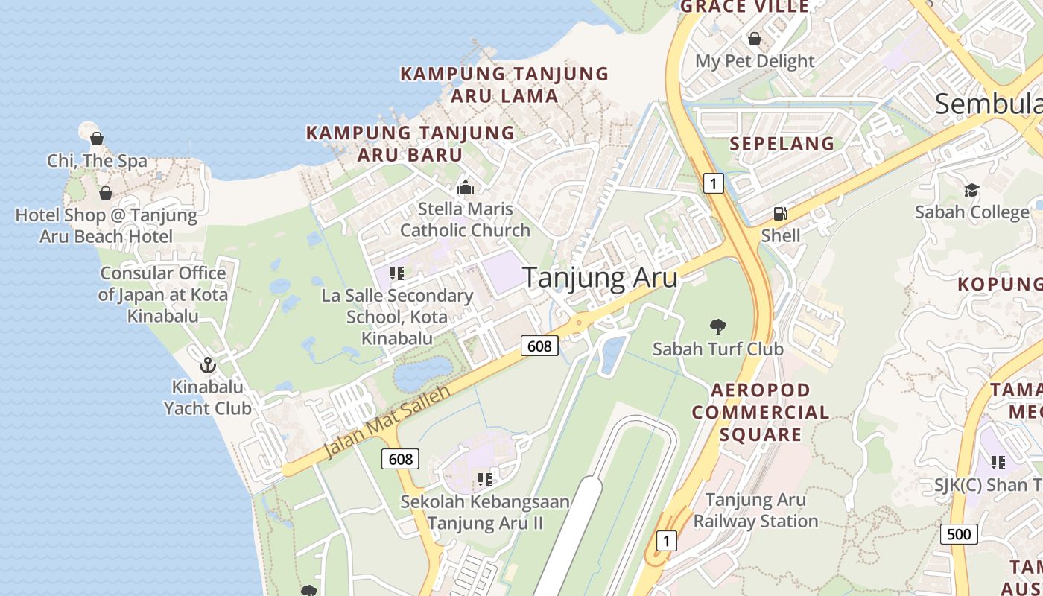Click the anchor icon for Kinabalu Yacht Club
[207, 365]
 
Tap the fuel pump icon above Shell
[780, 214]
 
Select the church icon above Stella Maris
[466, 186]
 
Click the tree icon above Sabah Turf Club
[718, 326]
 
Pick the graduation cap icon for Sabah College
[971, 190]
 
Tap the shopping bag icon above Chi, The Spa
[97, 139]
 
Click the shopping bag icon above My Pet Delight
[755, 39]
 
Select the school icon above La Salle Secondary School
[397, 273]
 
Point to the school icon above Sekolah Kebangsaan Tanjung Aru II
[485, 479]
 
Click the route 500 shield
[959, 533]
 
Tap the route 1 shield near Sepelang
[714, 183]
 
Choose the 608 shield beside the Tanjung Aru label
[539, 346]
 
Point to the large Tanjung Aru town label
[600, 278]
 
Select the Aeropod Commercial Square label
[760, 412]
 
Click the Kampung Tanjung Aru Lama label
[504, 84]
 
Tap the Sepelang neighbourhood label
[782, 144]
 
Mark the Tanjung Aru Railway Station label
[755, 510]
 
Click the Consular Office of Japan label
[163, 294]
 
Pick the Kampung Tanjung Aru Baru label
[410, 144]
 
